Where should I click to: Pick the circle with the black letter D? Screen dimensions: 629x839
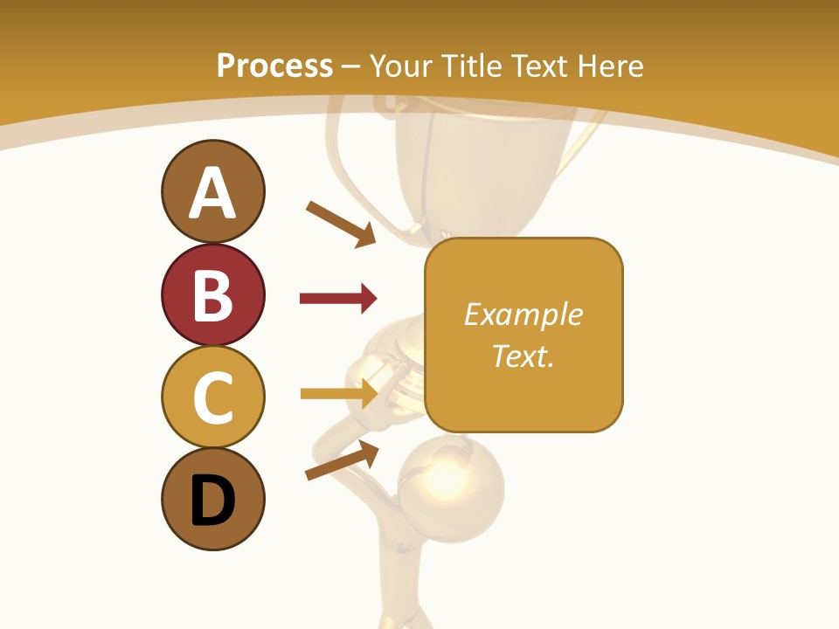(212, 499)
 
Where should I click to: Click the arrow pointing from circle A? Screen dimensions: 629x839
(341, 224)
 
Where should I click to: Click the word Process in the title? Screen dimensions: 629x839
(274, 66)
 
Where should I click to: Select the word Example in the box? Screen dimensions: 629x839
(523, 314)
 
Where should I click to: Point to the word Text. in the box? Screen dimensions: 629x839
(523, 356)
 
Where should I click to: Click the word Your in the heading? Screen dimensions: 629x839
(402, 66)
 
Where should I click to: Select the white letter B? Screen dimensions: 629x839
(212, 295)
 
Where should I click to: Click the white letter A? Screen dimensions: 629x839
(212, 193)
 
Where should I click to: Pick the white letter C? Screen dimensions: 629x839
(212, 397)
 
